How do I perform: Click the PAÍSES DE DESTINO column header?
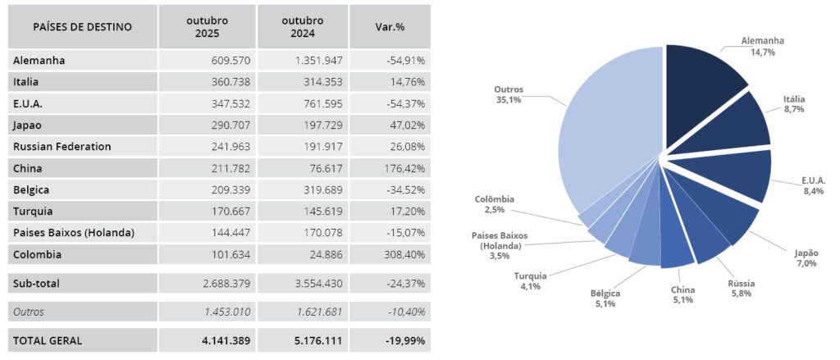click(82, 26)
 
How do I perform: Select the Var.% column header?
click(389, 26)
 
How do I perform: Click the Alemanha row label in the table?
click(39, 61)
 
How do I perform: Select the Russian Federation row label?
click(62, 147)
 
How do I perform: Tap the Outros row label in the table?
click(29, 312)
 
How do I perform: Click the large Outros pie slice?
click(607, 148)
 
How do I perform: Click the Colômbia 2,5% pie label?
click(494, 204)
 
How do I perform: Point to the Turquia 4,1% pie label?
click(530, 280)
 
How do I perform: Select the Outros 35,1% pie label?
click(509, 94)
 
